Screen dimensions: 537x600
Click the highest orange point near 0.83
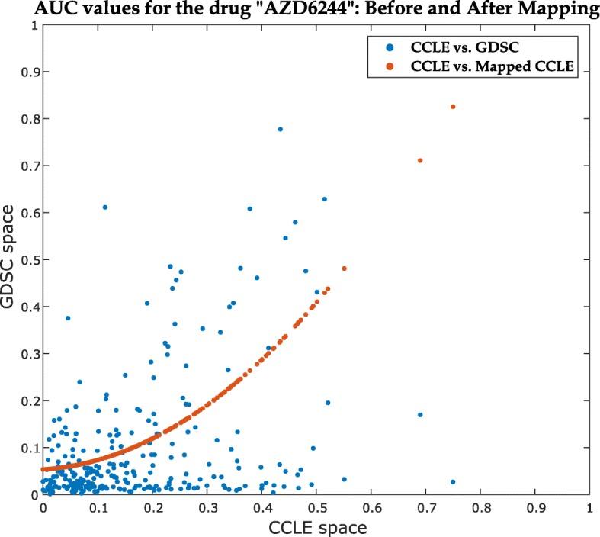coord(453,107)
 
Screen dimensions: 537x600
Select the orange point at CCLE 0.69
coord(420,160)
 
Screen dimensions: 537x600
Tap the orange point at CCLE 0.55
coord(345,268)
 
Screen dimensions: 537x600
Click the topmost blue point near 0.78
coord(281,129)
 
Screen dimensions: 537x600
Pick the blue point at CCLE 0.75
coord(453,482)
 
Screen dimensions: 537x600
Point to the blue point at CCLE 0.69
coord(420,415)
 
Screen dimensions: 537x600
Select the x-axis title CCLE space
coord(316,526)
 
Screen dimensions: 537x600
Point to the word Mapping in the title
coord(558,8)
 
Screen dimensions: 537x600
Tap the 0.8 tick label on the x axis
coord(480,506)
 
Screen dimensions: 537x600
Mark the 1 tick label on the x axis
coord(589,506)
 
